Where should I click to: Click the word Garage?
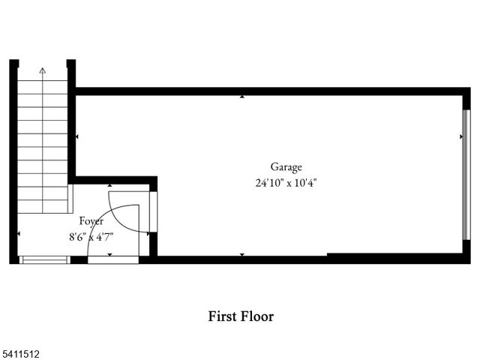tap(286, 167)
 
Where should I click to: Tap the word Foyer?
tap(91, 221)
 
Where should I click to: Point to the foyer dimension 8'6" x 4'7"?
tap(91, 235)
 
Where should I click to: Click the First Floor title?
tap(241, 316)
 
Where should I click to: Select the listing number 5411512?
tap(20, 350)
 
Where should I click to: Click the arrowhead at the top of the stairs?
tap(42, 70)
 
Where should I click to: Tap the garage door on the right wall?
tap(466, 174)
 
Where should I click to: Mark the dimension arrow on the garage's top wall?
tap(241, 97)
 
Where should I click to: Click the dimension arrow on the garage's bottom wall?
tap(241, 254)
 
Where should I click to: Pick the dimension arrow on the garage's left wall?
tap(78, 137)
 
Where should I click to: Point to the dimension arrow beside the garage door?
tap(460, 137)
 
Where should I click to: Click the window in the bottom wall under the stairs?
tap(43, 260)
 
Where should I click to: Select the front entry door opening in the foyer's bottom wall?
tap(113, 260)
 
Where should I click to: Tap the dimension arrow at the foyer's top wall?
tap(110, 185)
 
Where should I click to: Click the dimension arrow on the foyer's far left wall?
tap(19, 234)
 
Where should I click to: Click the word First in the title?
tap(223, 316)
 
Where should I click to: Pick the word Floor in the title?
tap(257, 316)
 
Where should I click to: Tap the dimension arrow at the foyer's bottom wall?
tap(110, 254)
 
